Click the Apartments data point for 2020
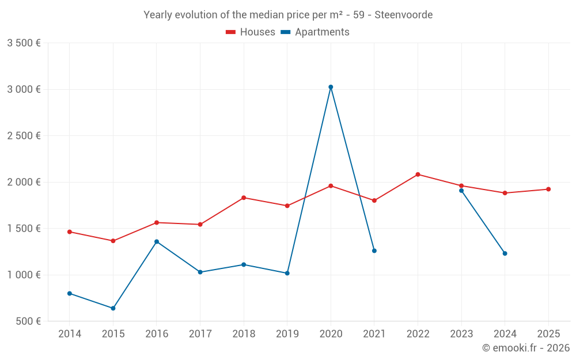(331, 87)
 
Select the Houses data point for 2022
(418, 175)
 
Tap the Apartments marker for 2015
(113, 308)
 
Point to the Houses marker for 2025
(548, 189)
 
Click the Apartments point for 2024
(505, 253)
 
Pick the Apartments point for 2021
(374, 251)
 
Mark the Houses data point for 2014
(70, 232)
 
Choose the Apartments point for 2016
(157, 241)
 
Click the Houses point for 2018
(244, 198)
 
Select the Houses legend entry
(251, 32)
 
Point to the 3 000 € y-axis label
(24, 89)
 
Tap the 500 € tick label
(28, 321)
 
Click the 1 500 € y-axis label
(24, 228)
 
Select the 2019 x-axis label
(287, 334)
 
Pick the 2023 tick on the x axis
(461, 334)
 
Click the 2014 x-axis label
(70, 334)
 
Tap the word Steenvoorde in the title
(403, 15)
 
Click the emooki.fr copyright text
(526, 348)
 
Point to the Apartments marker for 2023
(461, 191)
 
